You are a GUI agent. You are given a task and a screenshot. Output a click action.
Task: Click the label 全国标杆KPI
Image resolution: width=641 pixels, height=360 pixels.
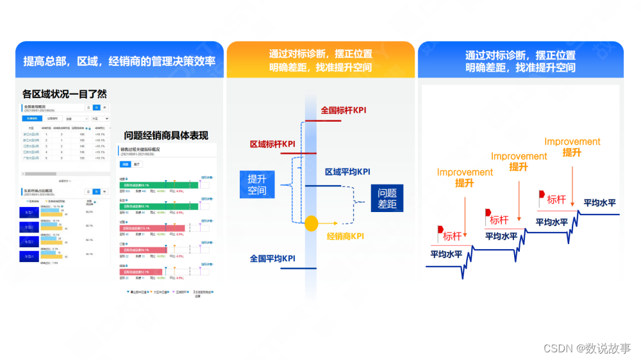[x=343, y=110]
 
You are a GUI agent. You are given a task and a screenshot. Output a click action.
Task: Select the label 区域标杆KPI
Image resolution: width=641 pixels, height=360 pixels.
[x=272, y=144]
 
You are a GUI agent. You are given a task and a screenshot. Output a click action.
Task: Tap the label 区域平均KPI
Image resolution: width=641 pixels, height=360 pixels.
[x=347, y=172]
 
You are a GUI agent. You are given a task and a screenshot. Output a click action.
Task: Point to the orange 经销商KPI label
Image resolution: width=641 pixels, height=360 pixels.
[x=345, y=236]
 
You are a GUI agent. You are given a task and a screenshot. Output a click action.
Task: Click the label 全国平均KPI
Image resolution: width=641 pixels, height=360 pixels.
[x=272, y=259]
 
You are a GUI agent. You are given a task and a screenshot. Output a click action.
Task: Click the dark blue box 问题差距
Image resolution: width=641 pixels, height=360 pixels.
[x=387, y=198]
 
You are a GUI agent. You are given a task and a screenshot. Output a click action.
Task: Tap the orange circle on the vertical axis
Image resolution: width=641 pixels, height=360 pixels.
[x=311, y=224]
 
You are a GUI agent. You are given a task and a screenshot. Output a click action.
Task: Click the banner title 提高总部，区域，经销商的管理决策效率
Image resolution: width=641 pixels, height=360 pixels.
[x=119, y=61]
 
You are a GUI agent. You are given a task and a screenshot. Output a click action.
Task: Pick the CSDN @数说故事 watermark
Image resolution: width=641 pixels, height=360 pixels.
[x=587, y=348]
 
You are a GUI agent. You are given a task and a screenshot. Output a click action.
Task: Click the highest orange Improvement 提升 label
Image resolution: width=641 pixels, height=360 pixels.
[x=572, y=147]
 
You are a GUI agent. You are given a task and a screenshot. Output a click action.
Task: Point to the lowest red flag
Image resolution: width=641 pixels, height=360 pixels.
[x=440, y=229]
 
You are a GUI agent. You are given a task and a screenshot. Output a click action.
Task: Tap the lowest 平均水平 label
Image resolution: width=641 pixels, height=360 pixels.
[x=447, y=253]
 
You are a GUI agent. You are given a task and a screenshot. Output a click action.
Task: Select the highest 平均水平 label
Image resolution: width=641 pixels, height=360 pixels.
[x=599, y=203]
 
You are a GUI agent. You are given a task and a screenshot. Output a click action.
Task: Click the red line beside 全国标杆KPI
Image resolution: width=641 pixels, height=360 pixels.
[x=327, y=120]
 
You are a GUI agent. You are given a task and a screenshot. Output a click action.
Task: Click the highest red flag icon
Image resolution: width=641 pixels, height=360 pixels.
[x=542, y=194]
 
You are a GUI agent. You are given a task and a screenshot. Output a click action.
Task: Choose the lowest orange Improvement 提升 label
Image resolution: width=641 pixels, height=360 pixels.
[x=465, y=177]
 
